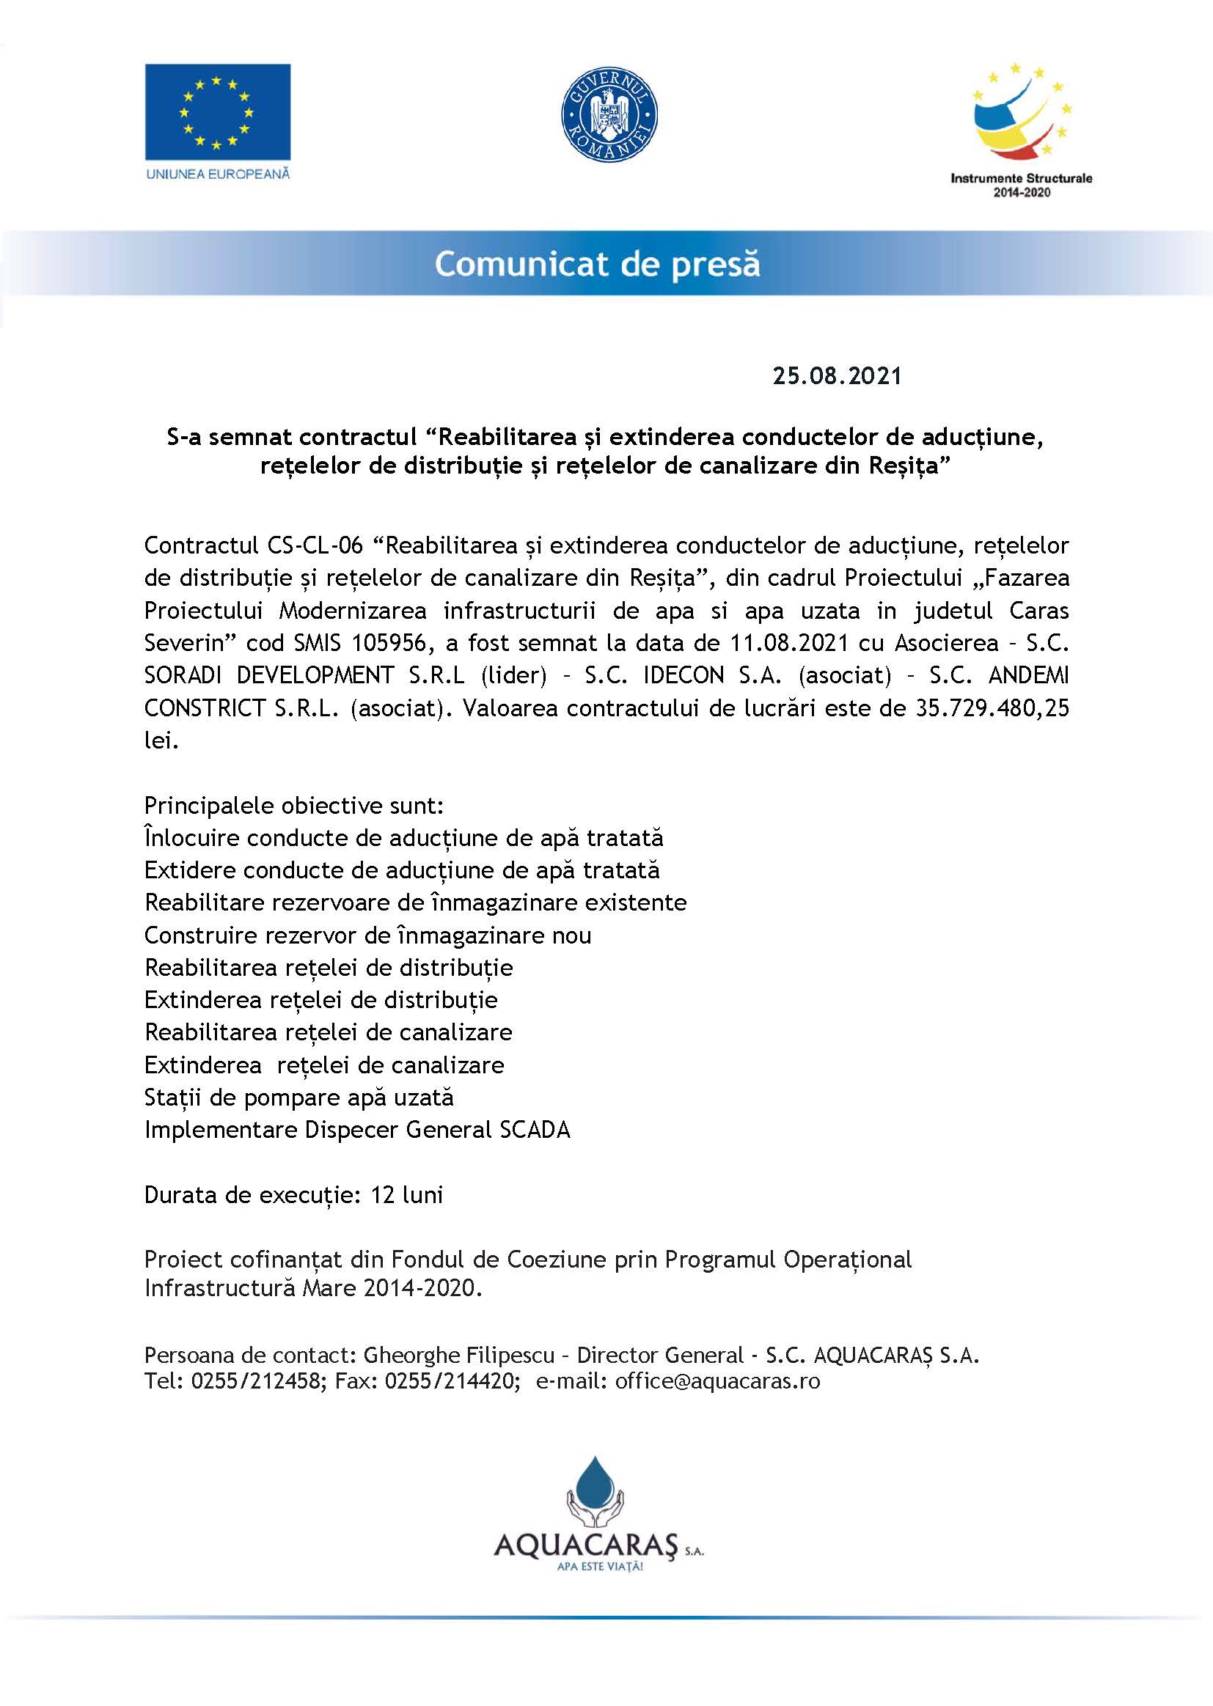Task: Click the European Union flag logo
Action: pyautogui.click(x=217, y=111)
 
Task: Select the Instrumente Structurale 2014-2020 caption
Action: pyautogui.click(x=1021, y=185)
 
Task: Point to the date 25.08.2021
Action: pyautogui.click(x=837, y=375)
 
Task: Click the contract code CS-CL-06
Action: pyautogui.click(x=315, y=545)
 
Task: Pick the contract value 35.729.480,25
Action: pyautogui.click(x=992, y=707)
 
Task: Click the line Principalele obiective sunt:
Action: pyautogui.click(x=293, y=806)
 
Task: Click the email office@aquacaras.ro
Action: pyautogui.click(x=717, y=1381)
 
